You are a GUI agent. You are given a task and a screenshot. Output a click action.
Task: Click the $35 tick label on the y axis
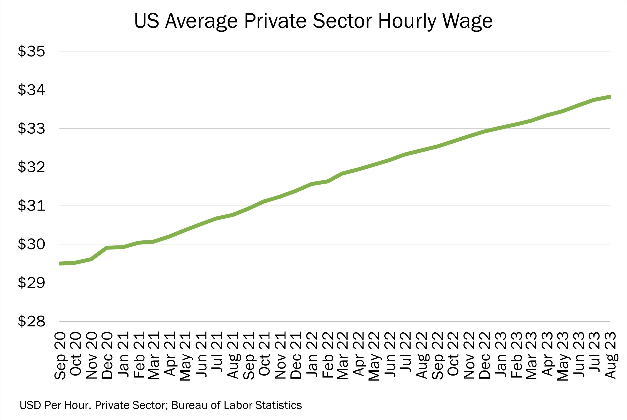point(31,51)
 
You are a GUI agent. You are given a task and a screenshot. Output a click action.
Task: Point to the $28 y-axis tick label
point(31,321)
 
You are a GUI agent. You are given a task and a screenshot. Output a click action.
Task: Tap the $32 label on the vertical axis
point(31,167)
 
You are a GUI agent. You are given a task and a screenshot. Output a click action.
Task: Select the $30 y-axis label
point(31,244)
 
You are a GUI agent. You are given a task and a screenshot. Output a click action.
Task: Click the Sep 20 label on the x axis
point(60,355)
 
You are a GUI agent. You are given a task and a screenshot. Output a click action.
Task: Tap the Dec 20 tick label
point(107,355)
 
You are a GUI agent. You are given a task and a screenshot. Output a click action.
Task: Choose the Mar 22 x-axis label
point(342,355)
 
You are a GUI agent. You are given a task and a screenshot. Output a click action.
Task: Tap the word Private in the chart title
point(275,21)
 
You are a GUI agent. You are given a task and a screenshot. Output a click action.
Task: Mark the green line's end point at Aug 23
point(610,97)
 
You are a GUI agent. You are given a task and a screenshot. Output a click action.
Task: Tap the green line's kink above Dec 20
point(107,248)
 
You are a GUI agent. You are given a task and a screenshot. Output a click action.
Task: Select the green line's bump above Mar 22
point(342,173)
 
